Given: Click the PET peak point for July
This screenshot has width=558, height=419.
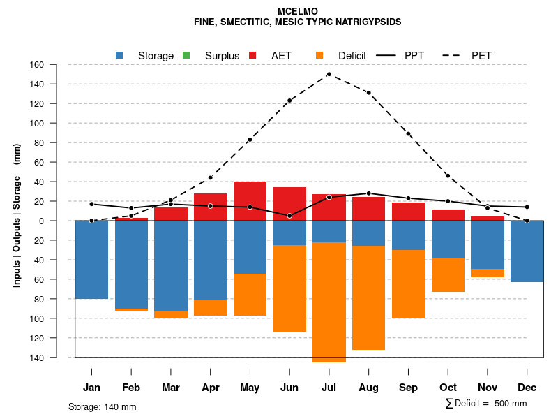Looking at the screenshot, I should [329, 74].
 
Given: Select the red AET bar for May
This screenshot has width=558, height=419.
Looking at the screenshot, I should [250, 201].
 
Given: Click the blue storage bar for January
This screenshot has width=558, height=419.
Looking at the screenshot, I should [91, 260].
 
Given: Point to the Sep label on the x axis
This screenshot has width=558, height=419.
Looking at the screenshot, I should [408, 388].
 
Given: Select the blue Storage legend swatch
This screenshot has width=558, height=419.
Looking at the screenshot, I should [120, 55].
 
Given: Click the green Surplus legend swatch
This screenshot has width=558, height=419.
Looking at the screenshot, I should [186, 55].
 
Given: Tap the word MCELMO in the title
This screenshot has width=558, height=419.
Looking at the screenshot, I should [297, 12].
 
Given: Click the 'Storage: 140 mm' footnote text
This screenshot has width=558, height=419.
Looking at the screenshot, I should [103, 407].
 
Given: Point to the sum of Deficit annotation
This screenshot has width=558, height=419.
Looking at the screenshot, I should [485, 404].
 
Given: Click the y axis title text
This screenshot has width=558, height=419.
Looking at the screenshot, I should [17, 214].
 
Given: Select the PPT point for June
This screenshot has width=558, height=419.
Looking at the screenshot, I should [289, 216].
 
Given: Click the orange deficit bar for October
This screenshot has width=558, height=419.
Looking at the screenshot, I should [448, 275].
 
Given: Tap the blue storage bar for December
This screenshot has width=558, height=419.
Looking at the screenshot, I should [527, 251].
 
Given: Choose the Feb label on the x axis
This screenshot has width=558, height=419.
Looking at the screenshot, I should [130, 388].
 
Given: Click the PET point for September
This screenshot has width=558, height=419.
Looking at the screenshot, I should [408, 134].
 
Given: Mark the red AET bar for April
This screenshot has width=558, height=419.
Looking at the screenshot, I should [210, 207].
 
